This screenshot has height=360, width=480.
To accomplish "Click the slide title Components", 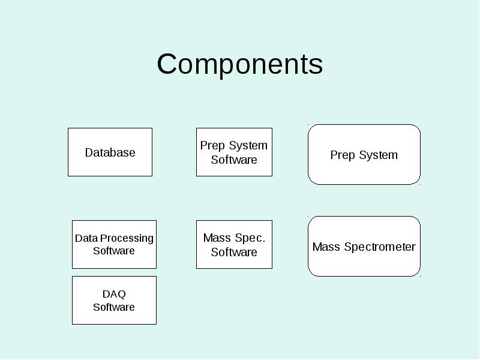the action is (x=239, y=65).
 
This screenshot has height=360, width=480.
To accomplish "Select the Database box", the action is (x=110, y=152).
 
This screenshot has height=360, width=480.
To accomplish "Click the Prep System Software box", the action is (x=234, y=152).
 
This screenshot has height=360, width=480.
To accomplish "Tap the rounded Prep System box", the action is (x=364, y=155).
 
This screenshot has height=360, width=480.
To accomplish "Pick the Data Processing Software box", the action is (x=114, y=245).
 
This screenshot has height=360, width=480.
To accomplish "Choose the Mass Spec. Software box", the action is (x=234, y=245).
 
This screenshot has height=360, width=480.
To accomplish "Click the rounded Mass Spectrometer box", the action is (x=364, y=247).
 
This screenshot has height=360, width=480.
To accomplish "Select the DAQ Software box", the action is (x=114, y=301).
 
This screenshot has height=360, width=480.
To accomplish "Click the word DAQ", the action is (x=114, y=294).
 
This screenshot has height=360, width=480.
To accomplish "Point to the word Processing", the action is (x=127, y=239).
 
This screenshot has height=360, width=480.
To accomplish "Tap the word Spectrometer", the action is (x=380, y=247).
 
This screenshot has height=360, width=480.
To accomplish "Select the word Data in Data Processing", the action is (x=86, y=238).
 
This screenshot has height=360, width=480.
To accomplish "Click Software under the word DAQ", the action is (x=114, y=307).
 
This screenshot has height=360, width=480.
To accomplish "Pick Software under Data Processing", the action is (x=114, y=251).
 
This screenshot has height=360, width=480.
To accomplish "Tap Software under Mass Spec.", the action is (x=234, y=252).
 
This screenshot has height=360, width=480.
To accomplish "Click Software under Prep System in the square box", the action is (x=234, y=160).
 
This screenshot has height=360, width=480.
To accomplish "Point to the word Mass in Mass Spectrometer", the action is (x=326, y=247).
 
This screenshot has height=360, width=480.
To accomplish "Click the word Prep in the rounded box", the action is (x=343, y=155).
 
